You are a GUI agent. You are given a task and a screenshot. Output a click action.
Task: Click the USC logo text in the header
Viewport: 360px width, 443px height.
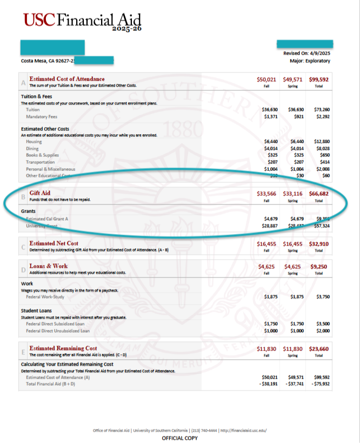(x=39, y=21)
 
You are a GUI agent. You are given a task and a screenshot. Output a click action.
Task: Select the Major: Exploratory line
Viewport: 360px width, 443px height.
(x=310, y=61)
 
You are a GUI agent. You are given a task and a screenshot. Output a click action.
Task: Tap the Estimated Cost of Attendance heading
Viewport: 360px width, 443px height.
(x=67, y=79)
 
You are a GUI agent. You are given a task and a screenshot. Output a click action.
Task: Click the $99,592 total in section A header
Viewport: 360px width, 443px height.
(x=319, y=80)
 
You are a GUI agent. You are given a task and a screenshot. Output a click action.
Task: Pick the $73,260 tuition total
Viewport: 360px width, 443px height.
(x=321, y=110)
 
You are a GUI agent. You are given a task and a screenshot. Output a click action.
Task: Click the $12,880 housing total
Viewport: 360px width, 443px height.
(x=321, y=141)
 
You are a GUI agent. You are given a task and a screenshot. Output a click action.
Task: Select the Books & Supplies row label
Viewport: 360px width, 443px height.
(x=43, y=155)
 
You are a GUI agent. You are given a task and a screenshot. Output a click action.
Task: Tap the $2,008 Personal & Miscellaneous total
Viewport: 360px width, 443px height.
(x=322, y=169)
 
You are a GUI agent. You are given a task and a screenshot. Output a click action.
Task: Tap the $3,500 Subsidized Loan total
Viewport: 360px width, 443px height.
(x=322, y=323)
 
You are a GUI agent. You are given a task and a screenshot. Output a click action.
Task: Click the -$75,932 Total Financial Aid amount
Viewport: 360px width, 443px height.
(x=321, y=384)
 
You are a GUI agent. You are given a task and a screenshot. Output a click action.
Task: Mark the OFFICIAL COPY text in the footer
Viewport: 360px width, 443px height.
(x=179, y=438)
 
